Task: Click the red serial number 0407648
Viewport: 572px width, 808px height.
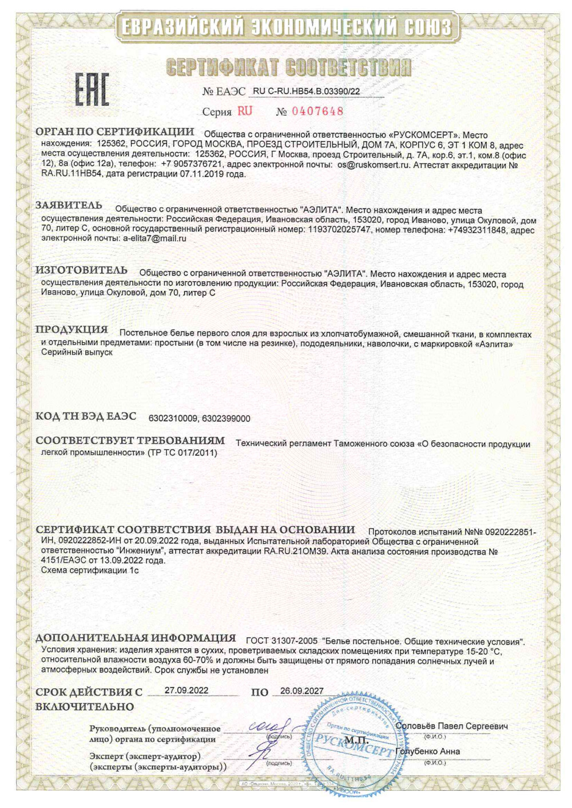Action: tap(317, 111)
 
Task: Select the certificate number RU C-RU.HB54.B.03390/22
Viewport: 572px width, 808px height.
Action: tap(306, 91)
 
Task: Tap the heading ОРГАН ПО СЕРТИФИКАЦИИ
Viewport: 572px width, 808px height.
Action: tap(114, 132)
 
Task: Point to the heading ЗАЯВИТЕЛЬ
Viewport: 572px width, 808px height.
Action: tap(69, 206)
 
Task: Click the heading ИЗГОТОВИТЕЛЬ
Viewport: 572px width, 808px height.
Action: tap(81, 270)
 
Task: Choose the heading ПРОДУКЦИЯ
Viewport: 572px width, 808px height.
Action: tap(71, 330)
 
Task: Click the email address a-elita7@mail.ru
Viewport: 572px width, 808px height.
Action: tap(154, 239)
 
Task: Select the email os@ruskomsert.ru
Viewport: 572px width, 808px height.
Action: tap(374, 165)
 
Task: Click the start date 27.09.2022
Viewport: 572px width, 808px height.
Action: tap(186, 690)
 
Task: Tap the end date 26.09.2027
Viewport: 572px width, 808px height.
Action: tap(301, 691)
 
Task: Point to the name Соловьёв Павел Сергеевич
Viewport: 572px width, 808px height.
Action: tap(451, 726)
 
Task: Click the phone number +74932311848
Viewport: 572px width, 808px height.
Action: tap(476, 230)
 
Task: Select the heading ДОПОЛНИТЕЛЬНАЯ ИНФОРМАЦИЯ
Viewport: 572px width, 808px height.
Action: tap(136, 638)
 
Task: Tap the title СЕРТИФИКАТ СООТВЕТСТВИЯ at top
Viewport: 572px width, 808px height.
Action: tap(288, 67)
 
